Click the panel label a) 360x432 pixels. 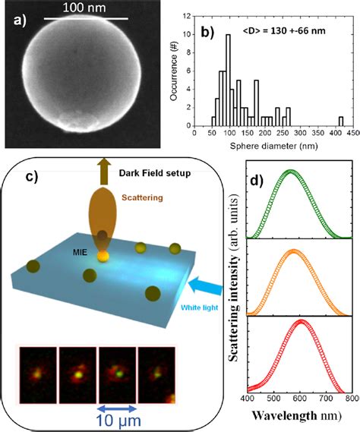coord(15,20)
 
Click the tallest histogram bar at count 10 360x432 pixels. coord(229,83)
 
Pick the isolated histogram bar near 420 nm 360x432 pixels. coord(341,121)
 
